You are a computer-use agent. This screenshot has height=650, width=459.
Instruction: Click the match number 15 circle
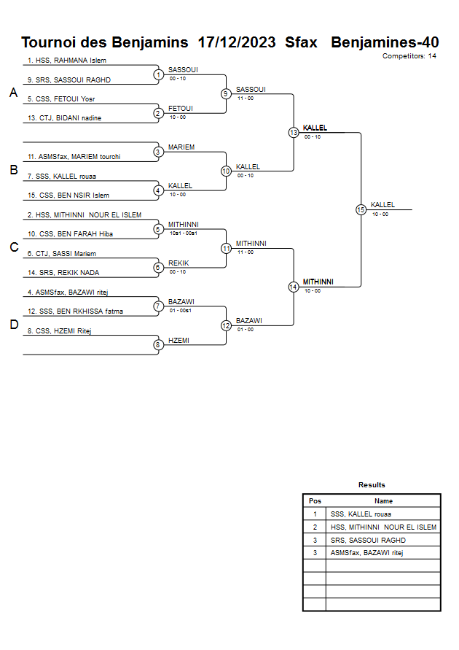(361, 209)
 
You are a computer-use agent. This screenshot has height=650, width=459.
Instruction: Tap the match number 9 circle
(226, 93)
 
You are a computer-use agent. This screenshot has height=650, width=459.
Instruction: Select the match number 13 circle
(293, 133)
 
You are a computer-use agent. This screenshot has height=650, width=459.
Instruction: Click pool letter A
(13, 93)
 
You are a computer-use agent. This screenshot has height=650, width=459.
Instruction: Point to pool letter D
(13, 325)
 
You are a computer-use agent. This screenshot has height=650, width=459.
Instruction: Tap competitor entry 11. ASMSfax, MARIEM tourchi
(74, 157)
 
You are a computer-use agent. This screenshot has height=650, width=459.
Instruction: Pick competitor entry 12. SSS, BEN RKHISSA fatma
(75, 312)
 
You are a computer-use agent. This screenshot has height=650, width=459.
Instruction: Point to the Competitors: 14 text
(409, 56)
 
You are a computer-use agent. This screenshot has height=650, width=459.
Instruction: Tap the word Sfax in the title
(302, 42)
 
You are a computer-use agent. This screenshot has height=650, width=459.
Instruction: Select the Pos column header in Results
(315, 501)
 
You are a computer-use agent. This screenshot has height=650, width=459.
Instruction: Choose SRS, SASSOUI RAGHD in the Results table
(368, 541)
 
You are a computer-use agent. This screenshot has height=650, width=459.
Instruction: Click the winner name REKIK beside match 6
(178, 263)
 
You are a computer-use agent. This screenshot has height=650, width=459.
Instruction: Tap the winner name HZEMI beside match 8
(179, 341)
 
